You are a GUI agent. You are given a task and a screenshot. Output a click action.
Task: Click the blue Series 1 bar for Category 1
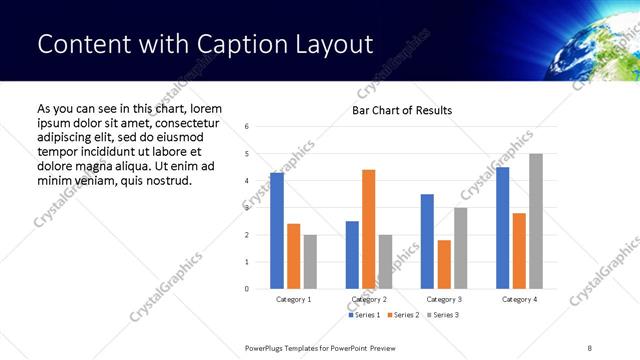pos(277,231)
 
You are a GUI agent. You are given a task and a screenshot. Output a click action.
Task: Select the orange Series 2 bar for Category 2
pos(368,229)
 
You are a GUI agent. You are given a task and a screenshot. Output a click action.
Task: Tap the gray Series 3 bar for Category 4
pos(536,221)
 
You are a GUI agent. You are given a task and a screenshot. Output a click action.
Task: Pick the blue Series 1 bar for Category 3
pos(427,241)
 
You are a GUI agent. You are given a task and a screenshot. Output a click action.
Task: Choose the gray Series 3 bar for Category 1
pos(310,262)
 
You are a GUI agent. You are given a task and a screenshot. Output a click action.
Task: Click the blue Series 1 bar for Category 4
pos(502,228)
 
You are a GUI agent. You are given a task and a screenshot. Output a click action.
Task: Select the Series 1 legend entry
pos(363,315)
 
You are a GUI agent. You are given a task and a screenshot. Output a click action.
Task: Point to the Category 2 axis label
pos(369,299)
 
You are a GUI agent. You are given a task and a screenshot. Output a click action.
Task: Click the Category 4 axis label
pos(519,299)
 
